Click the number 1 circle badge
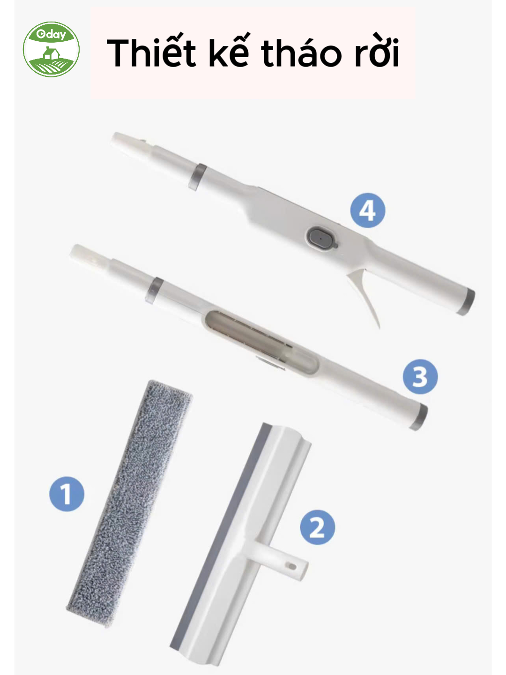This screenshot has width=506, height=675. coord(67,494)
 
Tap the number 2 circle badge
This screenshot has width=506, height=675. coord(317,527)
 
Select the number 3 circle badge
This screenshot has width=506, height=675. coord(420,377)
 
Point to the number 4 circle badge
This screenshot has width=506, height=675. coord(368,210)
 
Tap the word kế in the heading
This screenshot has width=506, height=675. coord(229,51)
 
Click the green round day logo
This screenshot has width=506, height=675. coord(52,49)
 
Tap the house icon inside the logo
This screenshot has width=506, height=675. coord(51,53)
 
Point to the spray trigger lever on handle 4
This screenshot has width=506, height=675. coord(364,292)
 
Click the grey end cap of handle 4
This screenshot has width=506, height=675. coord(466,302)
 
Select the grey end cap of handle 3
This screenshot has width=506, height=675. coord(418,417)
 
